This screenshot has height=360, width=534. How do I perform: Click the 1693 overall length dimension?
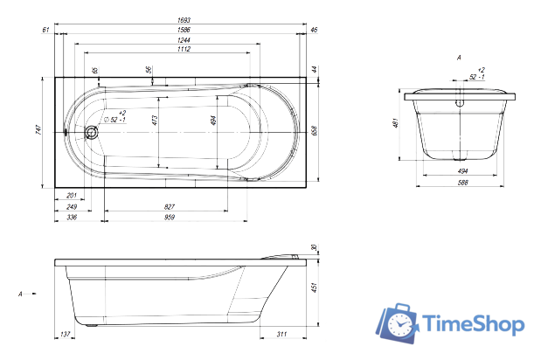pos(184,19)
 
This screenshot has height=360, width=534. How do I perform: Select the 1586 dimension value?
pos(184,30)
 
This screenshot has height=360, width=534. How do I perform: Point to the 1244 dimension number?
pos(184,40)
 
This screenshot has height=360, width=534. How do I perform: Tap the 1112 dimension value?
pos(184,51)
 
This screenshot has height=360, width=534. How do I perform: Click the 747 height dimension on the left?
pos(38,131)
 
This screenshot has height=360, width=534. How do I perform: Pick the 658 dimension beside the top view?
pos(313,131)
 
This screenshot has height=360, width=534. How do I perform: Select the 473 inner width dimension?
pos(155,121)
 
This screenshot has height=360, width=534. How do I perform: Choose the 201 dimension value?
pos(72,196)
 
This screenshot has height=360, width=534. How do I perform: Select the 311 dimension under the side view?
pos(281,335)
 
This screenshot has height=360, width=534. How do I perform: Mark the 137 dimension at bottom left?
pos(65,335)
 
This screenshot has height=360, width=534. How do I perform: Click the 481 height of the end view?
pos(395,124)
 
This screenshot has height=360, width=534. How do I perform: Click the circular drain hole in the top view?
pos(93,133)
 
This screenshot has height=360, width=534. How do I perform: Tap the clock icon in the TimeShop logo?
pos(398,324)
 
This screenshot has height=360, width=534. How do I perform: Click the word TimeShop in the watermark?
pos(473,324)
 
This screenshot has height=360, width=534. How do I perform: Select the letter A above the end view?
pos(458,57)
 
